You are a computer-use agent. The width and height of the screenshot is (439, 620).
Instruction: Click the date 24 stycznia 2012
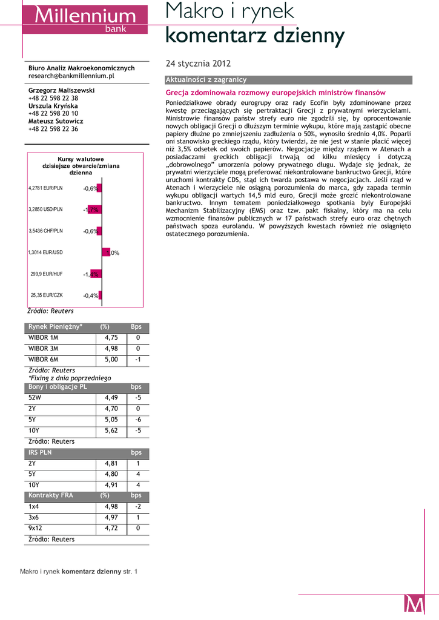(198, 64)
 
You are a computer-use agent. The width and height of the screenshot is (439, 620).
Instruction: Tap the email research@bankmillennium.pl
(71, 76)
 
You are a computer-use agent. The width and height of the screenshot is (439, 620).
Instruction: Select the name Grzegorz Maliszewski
(62, 90)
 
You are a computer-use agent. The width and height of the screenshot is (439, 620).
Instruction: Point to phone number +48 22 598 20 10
(53, 113)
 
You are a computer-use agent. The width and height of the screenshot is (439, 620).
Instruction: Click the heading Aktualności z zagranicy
(206, 80)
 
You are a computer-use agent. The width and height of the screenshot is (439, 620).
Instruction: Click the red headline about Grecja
(276, 93)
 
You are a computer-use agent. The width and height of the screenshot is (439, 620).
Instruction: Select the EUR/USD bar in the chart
(105, 252)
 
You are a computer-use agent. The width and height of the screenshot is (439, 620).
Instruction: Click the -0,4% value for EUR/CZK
(90, 295)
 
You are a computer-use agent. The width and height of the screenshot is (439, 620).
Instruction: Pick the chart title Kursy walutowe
(81, 159)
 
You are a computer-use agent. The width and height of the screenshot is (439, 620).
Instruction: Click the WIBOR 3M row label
(44, 348)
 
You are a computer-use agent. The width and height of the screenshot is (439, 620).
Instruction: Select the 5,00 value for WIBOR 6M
(111, 359)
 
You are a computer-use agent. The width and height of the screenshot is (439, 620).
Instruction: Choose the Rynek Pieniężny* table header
(56, 327)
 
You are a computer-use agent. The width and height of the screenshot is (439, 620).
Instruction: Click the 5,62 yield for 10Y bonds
(111, 430)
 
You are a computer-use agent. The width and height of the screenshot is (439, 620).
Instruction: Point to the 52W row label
(35, 398)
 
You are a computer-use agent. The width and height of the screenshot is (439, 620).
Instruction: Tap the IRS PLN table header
(40, 452)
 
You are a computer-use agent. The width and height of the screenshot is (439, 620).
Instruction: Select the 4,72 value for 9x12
(111, 528)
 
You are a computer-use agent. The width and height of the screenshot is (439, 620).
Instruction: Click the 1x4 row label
(34, 506)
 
